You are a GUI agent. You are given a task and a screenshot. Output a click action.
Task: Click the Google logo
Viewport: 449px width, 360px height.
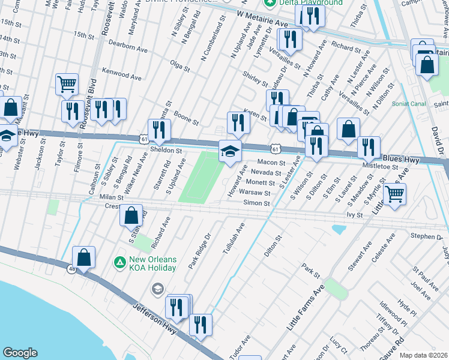click(x=20, y=352)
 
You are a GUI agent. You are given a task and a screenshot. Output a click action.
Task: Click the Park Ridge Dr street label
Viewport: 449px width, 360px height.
click(x=200, y=251)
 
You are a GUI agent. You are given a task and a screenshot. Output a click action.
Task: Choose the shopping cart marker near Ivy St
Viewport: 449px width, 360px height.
click(x=394, y=193)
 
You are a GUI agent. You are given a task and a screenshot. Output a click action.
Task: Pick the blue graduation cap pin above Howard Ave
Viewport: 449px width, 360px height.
click(x=229, y=151)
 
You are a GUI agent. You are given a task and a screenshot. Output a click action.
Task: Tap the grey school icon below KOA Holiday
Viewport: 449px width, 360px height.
click(x=157, y=289)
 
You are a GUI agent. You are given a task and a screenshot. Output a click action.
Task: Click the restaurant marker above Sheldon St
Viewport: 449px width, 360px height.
click(x=159, y=130)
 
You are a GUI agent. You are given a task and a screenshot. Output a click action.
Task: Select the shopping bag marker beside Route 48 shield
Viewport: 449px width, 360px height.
click(x=85, y=257)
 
